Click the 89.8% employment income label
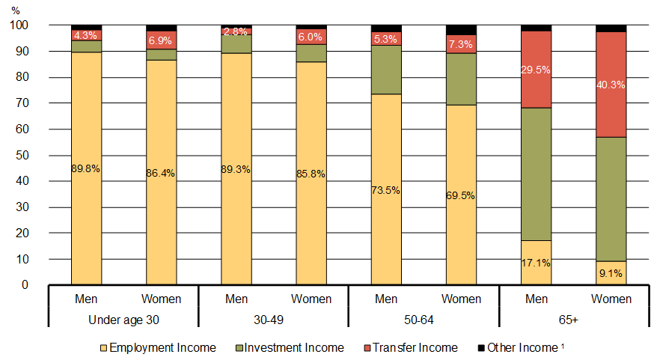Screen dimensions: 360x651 pos(86,168)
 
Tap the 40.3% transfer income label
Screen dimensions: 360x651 pos(611,85)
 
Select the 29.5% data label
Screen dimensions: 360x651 pos(536,70)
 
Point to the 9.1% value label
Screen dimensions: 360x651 pos(611,274)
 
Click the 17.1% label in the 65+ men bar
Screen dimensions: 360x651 pos(536,263)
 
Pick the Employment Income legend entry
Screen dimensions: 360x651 pos(159,347)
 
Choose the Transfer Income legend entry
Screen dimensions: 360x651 pos(411,347)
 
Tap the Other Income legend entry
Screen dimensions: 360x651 pos(521,347)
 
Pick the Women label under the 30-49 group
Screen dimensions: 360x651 pos(311,299)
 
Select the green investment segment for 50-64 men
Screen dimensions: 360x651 pos(386,70)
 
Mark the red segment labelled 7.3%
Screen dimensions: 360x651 pos(461,44)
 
